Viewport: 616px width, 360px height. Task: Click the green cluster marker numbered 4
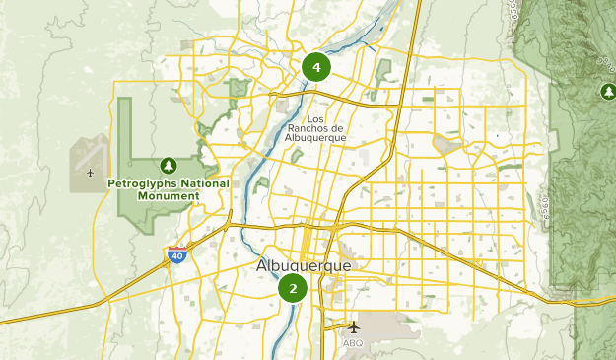[316, 68]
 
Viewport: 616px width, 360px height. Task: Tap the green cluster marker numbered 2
[293, 289]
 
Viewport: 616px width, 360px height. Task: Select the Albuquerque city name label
[303, 266]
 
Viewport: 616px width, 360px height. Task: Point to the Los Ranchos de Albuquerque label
[314, 127]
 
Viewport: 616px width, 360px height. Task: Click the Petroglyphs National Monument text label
[168, 189]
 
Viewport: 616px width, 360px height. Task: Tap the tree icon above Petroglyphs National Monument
[169, 165]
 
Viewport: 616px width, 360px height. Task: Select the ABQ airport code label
[353, 343]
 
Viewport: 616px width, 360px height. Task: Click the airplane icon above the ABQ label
[354, 326]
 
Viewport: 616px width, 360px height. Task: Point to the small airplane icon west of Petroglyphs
[91, 175]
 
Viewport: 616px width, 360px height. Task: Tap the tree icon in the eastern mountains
[608, 92]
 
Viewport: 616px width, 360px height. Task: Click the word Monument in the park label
[168, 196]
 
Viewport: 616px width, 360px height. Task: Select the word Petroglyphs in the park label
[143, 183]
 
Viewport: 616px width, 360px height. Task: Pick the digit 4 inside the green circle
[316, 68]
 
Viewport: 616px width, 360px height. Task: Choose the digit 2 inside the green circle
[293, 289]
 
